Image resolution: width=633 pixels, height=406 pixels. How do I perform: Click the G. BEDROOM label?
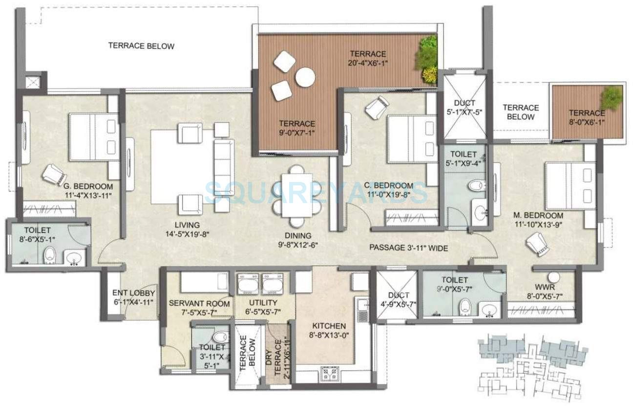(88, 186)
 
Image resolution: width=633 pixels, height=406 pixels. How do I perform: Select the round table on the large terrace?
(305, 77)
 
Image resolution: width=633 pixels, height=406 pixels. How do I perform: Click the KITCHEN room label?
(329, 326)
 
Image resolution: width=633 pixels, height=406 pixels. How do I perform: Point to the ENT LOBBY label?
(133, 293)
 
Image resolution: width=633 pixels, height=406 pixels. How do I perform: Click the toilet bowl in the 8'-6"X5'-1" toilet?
(49, 254)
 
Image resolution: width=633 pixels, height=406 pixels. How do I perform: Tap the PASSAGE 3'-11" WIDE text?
(408, 248)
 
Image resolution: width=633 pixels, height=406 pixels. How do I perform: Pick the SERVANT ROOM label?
(192, 303)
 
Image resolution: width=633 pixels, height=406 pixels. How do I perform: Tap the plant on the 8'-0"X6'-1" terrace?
(612, 98)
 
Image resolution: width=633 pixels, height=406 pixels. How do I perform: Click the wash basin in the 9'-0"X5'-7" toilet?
(488, 309)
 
